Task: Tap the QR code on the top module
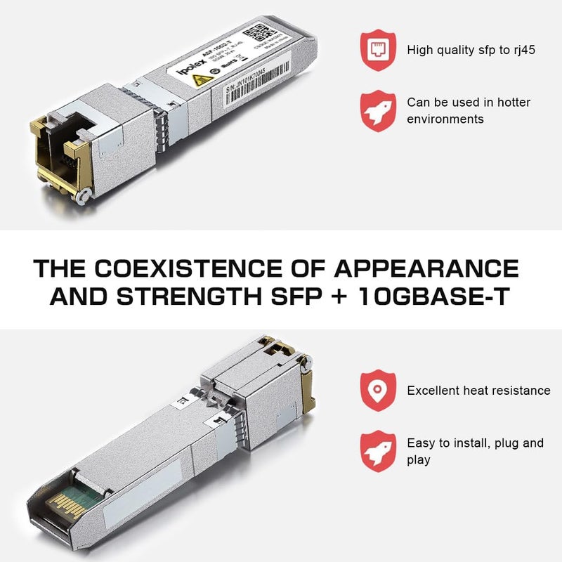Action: [261, 33]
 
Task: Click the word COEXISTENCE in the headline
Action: [188, 269]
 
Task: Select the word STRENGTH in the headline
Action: [183, 297]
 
